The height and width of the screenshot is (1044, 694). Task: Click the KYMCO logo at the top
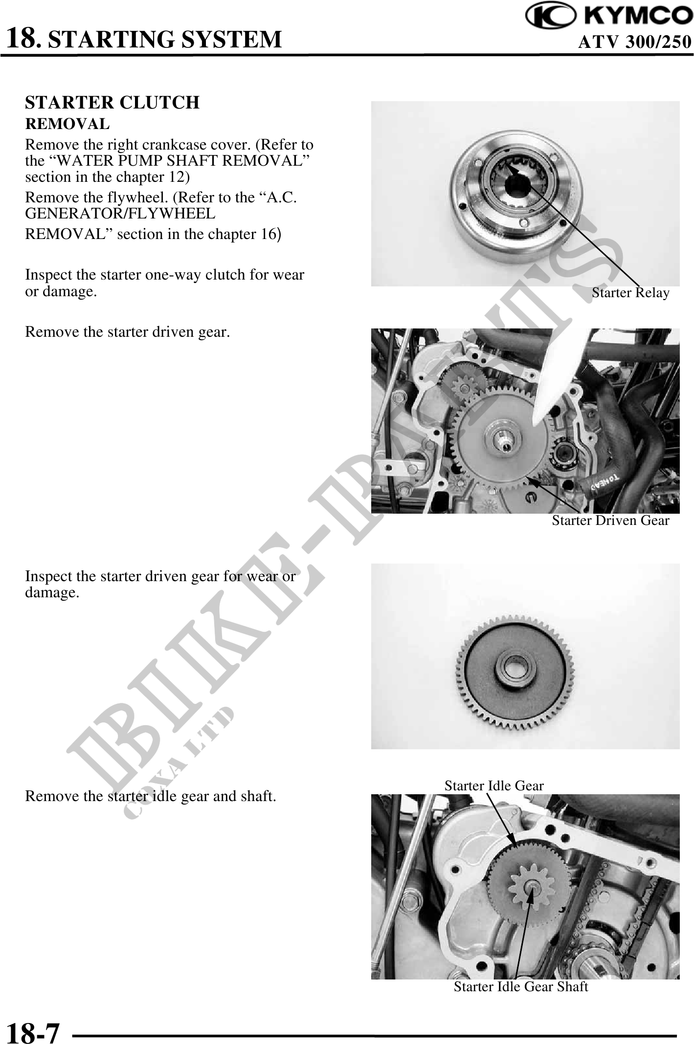tap(609, 17)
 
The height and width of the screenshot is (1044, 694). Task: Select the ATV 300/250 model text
tap(635, 42)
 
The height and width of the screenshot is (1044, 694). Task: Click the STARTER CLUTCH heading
tap(112, 103)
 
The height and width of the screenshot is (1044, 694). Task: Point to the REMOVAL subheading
tap(67, 124)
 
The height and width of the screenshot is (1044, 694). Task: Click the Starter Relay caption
tap(630, 293)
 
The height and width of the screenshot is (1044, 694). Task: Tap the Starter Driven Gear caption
tap(610, 521)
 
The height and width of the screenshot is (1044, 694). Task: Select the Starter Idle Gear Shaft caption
tap(521, 986)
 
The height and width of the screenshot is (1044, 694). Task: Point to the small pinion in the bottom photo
tap(529, 886)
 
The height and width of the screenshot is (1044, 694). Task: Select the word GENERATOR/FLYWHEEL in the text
tap(120, 214)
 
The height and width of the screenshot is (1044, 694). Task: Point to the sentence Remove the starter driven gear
tap(128, 332)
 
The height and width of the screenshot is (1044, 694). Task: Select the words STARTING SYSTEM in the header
tap(166, 39)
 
